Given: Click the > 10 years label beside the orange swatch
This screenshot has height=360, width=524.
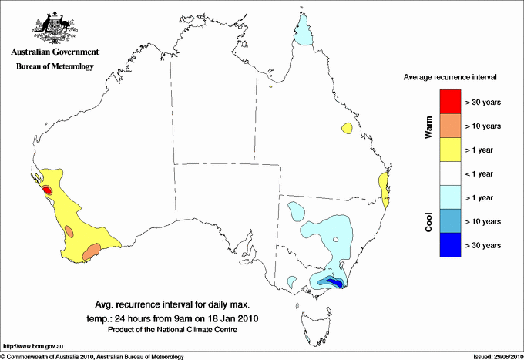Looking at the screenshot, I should point(484,126).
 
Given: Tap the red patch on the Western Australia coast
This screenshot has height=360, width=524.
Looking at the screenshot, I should point(46,190).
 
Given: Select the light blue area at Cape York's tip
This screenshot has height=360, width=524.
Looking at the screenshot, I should point(305,33).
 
